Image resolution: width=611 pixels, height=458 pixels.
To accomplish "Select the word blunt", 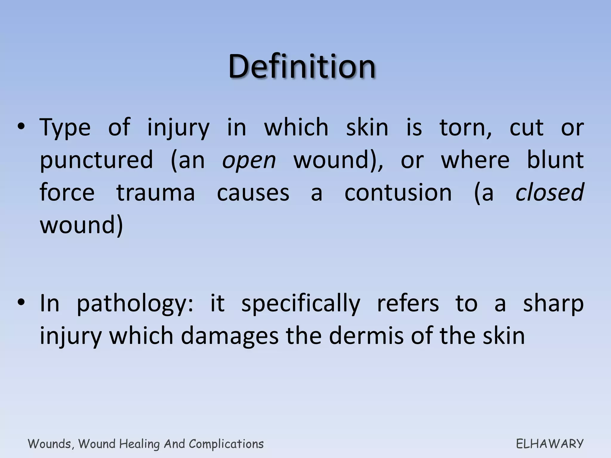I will coord(555,160).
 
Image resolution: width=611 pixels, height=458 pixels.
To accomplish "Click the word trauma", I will coord(155,193).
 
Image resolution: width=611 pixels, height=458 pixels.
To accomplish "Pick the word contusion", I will coord(398,193).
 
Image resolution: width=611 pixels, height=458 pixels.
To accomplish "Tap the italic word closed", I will coord(550,192).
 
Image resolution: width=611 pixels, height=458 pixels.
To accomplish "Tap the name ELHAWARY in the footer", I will coord(550,444).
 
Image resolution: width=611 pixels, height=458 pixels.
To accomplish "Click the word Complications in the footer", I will coord(226,444).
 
